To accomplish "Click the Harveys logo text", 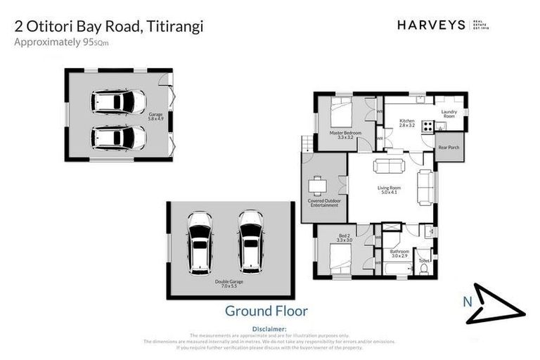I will pyautogui.click(x=431, y=25).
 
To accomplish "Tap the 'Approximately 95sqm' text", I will pyautogui.click(x=62, y=42).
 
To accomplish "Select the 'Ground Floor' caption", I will pyautogui.click(x=266, y=310).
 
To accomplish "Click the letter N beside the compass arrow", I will pyautogui.click(x=466, y=302).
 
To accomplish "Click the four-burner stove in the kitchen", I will pyautogui.click(x=427, y=127).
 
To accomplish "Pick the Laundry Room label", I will pyautogui.click(x=449, y=114).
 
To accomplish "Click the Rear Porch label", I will pyautogui.click(x=448, y=147).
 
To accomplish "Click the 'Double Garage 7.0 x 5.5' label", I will pyautogui.click(x=229, y=283).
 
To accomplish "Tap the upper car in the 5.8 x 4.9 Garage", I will pyautogui.click(x=117, y=102).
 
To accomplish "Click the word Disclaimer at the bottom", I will pyautogui.click(x=269, y=329).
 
